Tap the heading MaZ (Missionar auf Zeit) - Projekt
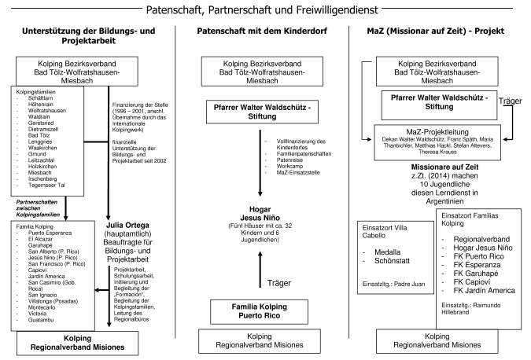pos(441,35)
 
